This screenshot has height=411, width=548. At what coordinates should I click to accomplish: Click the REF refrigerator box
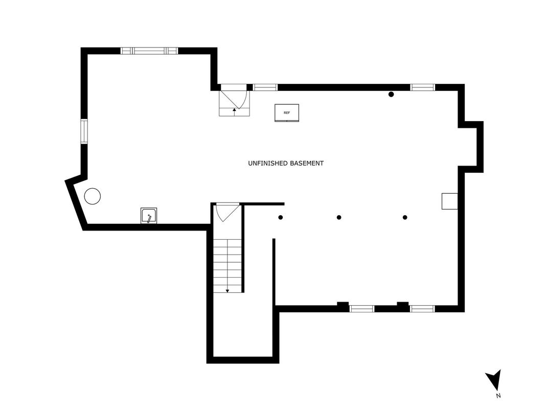coord(287,113)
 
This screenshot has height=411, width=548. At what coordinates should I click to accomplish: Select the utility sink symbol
coord(149,216)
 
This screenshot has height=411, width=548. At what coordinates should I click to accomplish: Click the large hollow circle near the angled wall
coord(93,196)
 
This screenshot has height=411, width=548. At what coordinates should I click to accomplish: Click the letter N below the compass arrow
coord(498,396)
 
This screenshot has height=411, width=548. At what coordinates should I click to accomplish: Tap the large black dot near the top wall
coord(391,95)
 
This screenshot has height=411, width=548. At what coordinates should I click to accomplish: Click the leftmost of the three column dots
coord(280,217)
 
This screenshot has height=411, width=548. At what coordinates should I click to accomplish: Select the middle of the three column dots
coord(338,217)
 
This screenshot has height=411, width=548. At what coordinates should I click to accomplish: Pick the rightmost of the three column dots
coord(405,217)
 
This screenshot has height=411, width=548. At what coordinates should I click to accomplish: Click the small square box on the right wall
coord(450,201)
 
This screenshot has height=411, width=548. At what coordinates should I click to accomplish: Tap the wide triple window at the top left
coord(149,51)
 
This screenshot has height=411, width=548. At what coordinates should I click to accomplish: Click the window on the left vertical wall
coord(84,131)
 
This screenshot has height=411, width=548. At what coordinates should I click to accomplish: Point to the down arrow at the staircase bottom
coord(227,290)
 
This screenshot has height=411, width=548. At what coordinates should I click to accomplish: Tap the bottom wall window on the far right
coord(422,309)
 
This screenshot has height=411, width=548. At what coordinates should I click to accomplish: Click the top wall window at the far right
coord(422,87)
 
